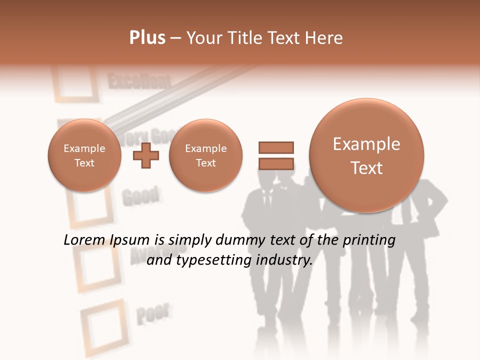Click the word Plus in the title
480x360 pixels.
147,38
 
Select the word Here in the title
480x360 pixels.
325,38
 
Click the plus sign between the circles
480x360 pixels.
145,155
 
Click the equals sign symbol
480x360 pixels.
275,155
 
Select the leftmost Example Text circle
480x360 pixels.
84,155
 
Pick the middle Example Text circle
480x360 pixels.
205,155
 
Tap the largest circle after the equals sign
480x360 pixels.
366,155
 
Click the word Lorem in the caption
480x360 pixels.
84,240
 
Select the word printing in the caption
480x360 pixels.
369,240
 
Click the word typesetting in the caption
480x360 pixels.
211,260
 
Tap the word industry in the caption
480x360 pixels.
284,260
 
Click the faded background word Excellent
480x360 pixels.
139,81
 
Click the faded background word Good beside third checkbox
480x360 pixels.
140,196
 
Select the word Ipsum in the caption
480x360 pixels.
131,240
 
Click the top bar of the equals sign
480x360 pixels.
275,147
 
